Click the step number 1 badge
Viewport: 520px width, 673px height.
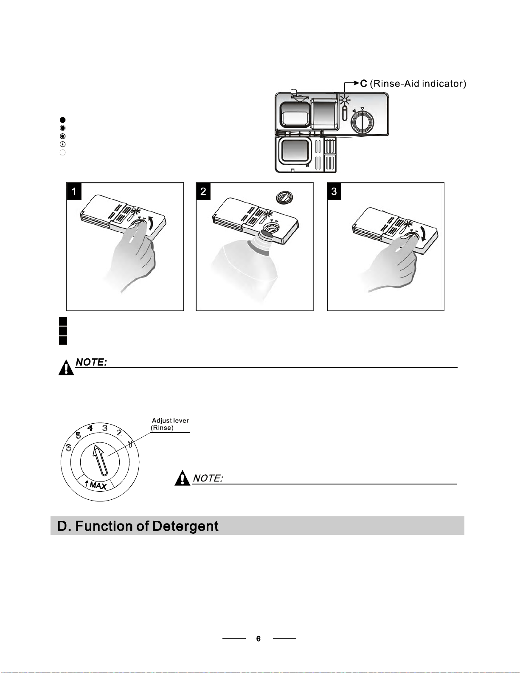(x=74, y=191)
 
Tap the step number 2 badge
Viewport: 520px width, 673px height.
(x=203, y=191)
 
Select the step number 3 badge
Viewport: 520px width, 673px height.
(x=334, y=191)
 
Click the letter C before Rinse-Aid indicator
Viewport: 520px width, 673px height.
(x=364, y=83)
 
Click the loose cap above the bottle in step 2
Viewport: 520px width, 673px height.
(x=284, y=197)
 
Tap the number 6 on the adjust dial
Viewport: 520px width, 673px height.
(x=68, y=447)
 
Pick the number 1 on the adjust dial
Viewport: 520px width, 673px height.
(x=130, y=444)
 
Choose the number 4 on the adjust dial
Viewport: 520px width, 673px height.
(x=90, y=428)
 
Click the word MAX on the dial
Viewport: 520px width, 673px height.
(x=98, y=485)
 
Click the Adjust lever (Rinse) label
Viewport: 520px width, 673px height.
(x=170, y=424)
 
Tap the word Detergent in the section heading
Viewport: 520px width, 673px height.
(x=185, y=526)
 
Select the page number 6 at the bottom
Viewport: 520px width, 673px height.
(x=259, y=639)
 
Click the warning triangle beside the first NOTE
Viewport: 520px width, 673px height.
(x=66, y=367)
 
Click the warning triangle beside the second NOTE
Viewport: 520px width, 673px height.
(x=182, y=478)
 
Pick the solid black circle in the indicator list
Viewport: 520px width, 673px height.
(x=62, y=120)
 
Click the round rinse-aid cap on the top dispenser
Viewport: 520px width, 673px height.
(x=362, y=121)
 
